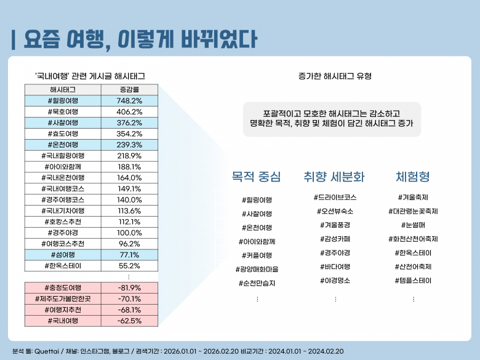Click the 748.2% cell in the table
(x=129, y=100)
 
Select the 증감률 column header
(x=129, y=89)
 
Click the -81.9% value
(x=129, y=287)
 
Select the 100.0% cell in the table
(x=129, y=233)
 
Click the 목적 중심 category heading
(x=256, y=177)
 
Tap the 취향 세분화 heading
(x=334, y=177)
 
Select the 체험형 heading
(x=413, y=177)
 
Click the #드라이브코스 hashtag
(x=335, y=198)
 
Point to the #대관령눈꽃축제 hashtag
(x=413, y=211)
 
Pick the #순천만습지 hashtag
(x=257, y=283)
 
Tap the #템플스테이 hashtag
(x=413, y=281)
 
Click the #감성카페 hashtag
(x=335, y=239)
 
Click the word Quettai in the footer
(x=48, y=351)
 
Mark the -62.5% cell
(x=129, y=321)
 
